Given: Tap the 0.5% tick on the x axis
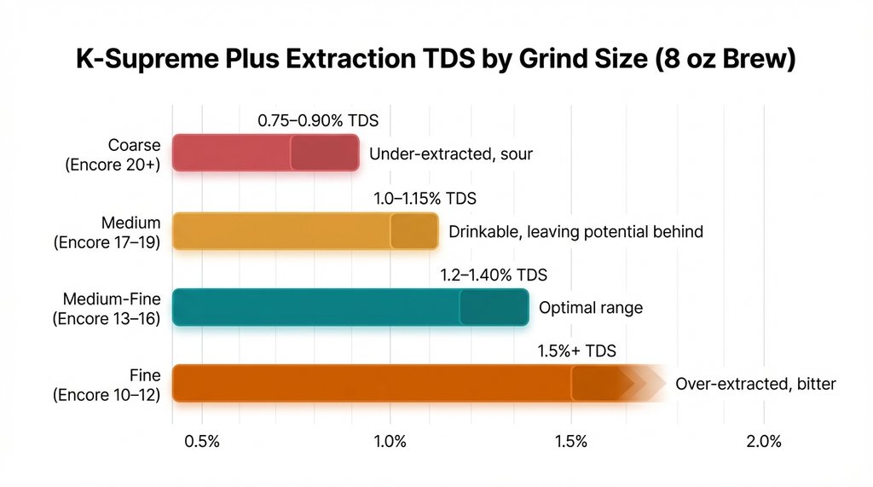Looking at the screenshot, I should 201,442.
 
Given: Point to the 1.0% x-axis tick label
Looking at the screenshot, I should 390,442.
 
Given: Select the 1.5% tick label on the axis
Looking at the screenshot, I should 571,442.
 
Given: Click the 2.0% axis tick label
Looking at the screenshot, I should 764,442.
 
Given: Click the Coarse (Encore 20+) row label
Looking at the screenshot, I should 113,154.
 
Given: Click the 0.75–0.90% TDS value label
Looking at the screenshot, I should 318,121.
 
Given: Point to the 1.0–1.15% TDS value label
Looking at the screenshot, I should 425,199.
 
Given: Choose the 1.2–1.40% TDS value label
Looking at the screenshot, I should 494,275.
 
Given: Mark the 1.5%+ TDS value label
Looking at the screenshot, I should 577,351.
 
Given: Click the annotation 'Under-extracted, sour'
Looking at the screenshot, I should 451,154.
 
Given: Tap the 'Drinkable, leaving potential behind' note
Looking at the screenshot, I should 575,231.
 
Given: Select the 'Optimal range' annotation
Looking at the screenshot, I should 590,308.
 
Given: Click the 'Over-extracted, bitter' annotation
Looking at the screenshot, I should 755,384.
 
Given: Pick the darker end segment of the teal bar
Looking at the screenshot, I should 494,307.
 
